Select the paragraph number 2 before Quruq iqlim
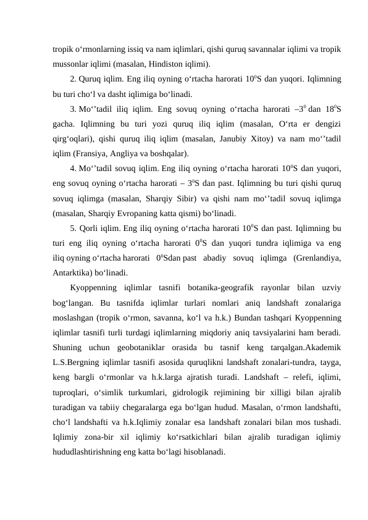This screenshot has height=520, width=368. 73,79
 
